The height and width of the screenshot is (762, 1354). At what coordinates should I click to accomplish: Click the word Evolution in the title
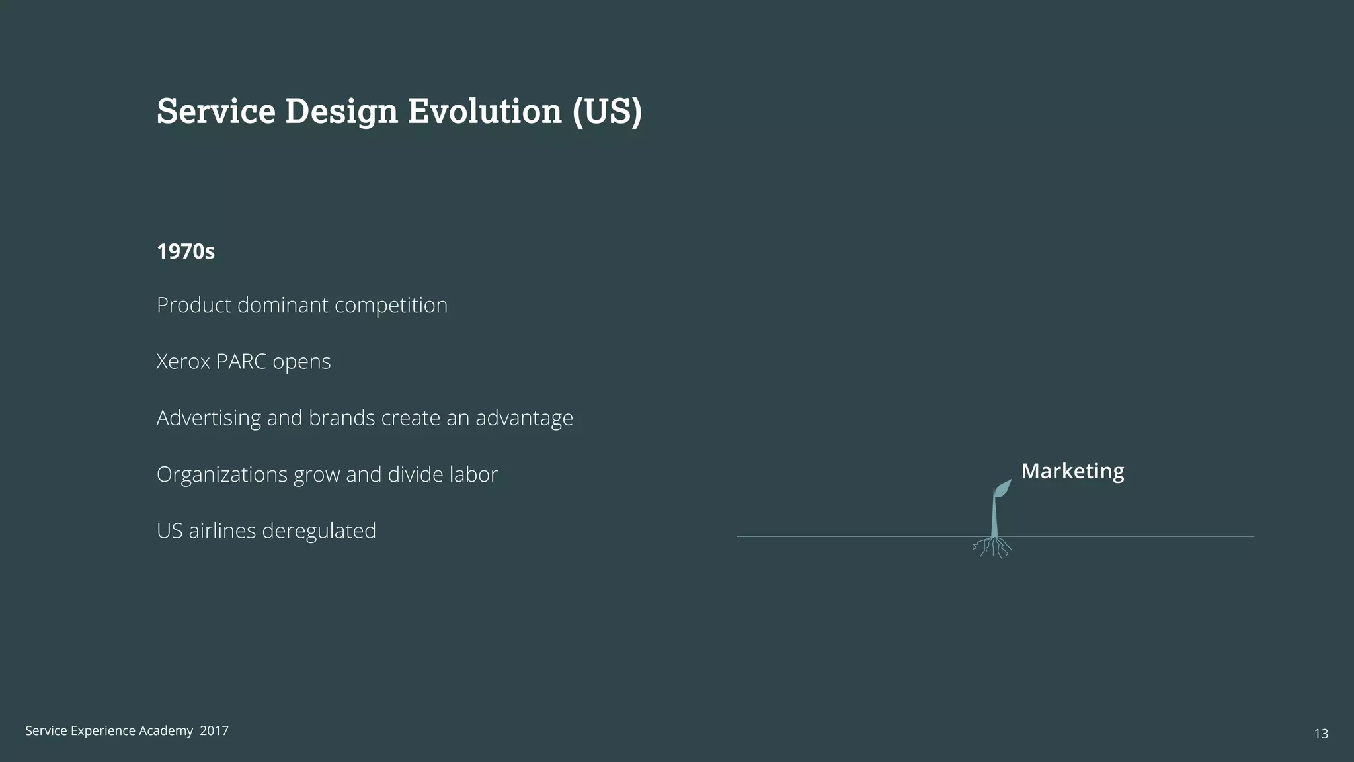pos(484,111)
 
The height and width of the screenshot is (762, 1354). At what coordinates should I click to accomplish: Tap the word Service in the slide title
pos(216,111)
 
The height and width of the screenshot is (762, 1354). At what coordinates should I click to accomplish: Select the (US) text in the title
pos(607,111)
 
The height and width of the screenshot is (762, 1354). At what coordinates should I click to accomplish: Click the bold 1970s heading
pos(186,252)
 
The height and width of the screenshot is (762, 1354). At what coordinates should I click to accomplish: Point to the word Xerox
pos(183,362)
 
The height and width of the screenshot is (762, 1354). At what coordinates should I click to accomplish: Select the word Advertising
pos(208,418)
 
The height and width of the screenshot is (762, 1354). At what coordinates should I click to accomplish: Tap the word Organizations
pos(221,475)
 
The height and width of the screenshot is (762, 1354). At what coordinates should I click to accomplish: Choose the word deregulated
pos(319,531)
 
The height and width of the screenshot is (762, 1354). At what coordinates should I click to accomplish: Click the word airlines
pos(222,531)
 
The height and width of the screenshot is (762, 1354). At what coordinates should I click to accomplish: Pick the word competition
pos(391,306)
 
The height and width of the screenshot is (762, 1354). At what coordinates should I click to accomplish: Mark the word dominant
pos(282,306)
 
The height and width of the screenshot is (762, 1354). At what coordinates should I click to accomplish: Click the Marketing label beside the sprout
pos(1072,471)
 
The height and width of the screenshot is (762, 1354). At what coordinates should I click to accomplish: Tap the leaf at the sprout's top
pos(1002,489)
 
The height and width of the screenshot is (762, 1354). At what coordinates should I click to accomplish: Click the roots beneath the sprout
pos(994,548)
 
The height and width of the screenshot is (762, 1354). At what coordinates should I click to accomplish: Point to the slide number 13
pos(1320,734)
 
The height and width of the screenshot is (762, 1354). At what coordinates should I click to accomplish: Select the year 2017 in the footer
pos(214,731)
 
